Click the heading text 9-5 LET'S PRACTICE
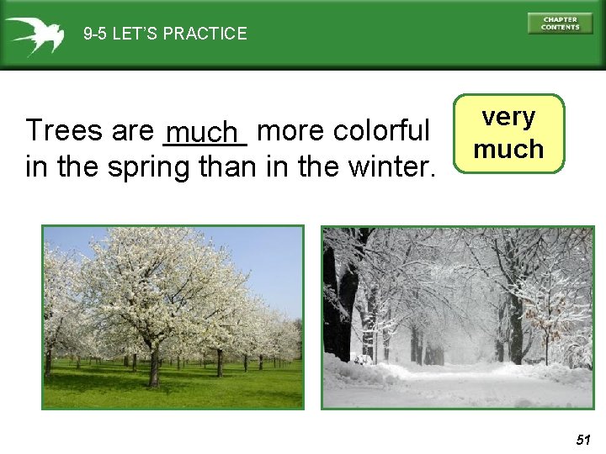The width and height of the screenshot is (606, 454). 165,34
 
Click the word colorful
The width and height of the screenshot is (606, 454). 382,131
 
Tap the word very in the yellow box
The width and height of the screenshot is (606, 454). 509,117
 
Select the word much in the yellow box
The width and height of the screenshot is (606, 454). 509,150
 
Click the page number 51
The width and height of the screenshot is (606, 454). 583,439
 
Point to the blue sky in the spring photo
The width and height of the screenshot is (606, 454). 269,261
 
